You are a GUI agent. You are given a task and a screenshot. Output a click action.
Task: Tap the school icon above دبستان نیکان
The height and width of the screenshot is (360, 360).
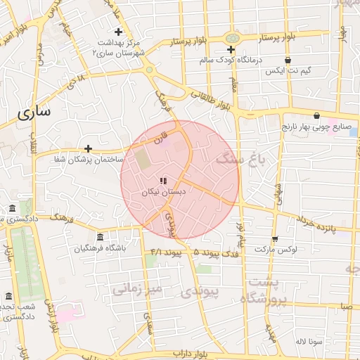click(163, 181)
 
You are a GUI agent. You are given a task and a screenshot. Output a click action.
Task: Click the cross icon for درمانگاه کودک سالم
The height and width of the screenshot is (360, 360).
click(231, 49)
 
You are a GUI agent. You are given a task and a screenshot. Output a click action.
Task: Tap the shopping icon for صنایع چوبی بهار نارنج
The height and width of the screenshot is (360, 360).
click(316, 116)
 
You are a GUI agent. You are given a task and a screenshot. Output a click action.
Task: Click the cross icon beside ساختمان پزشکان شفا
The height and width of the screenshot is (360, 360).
click(88, 148)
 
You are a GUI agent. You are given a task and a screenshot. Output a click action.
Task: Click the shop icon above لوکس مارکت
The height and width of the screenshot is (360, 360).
click(274, 239)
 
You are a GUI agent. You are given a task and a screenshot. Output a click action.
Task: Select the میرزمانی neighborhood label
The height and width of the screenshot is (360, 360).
click(138, 288)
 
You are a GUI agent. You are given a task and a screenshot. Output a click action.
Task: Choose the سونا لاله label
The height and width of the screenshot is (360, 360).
click(309, 341)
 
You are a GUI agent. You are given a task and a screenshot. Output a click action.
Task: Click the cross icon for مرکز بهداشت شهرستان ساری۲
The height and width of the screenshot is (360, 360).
click(118, 32)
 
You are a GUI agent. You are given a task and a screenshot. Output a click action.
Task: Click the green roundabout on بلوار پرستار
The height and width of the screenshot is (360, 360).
click(231, 37)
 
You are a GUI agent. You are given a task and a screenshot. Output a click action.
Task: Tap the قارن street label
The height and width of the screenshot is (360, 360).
click(163, 132)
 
